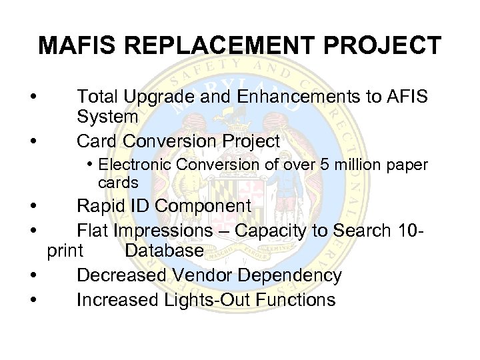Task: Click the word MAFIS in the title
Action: tap(77, 46)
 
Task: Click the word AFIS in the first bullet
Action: tap(406, 97)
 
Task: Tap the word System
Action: tap(107, 117)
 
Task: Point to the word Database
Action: tap(163, 251)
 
